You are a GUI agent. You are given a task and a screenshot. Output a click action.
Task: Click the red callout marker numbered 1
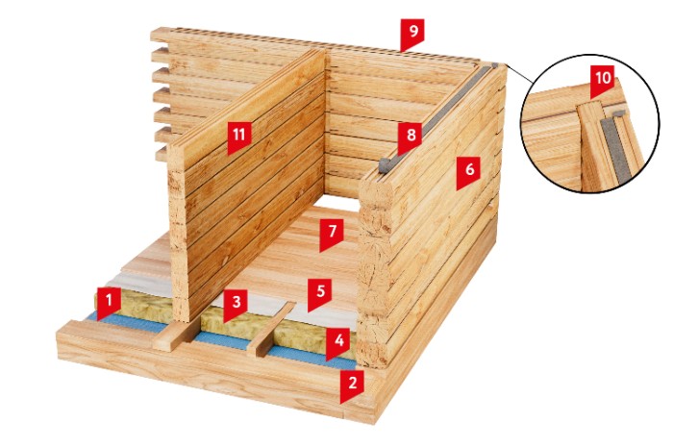coord(109,303)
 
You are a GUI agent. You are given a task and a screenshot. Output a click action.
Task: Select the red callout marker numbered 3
coord(236,305)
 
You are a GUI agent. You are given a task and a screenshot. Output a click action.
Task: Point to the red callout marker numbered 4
coord(338,343)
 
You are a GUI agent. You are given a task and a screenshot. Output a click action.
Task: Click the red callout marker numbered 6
coord(469,172)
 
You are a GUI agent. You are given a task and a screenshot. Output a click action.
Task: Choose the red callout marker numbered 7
coord(333,234)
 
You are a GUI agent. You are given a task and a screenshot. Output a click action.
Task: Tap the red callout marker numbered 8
coord(411,137)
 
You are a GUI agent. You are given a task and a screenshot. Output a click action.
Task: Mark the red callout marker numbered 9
coord(412,34)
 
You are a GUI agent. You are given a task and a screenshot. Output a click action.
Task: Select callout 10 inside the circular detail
coord(603,82)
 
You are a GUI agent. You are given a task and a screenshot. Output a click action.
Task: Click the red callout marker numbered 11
coord(239,137)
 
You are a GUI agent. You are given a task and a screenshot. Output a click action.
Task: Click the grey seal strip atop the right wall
coord(437,116)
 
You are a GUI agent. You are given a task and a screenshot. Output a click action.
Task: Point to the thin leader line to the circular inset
coord(519,74)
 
